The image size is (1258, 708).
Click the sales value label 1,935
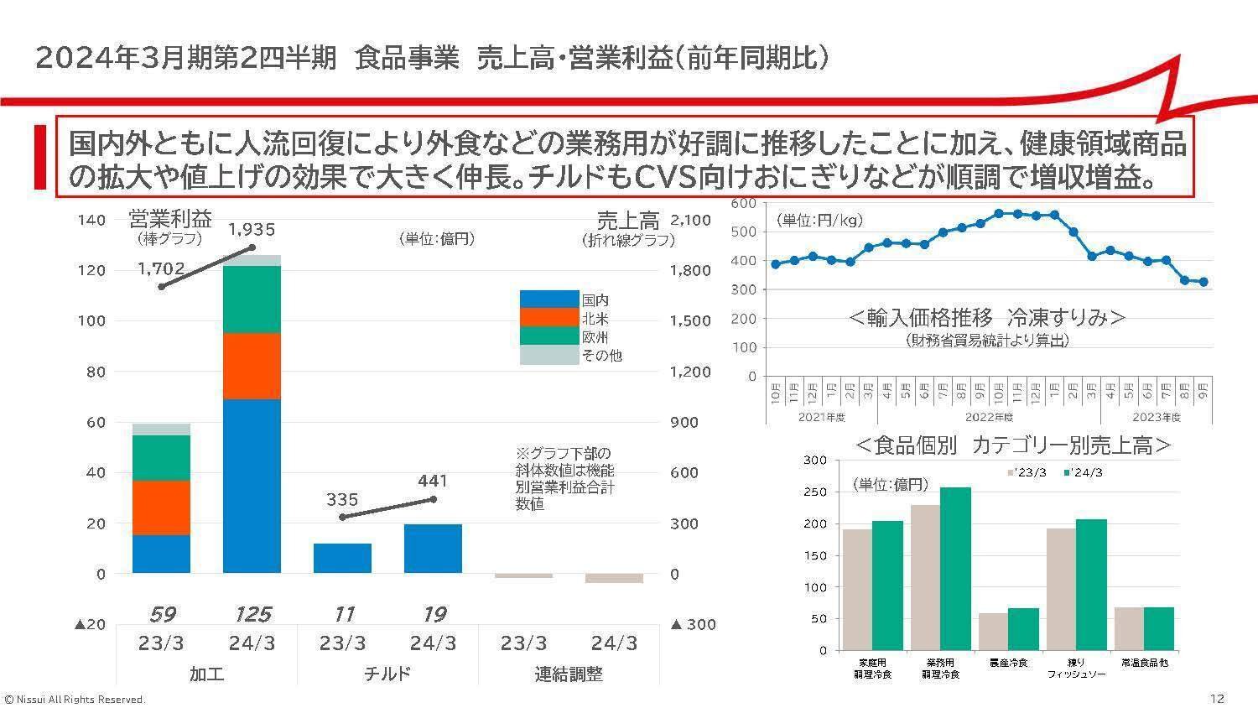(x=252, y=229)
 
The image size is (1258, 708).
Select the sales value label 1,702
(x=161, y=268)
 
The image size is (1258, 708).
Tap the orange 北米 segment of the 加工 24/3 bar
(x=252, y=366)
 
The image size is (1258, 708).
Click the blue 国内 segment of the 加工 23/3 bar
(x=161, y=554)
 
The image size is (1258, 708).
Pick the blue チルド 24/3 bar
(x=433, y=549)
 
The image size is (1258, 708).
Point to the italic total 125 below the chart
(x=252, y=614)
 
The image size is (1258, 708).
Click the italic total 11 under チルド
(x=342, y=614)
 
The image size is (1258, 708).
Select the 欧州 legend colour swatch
(x=549, y=336)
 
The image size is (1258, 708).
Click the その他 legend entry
(x=601, y=355)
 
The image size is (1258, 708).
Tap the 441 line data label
(x=433, y=481)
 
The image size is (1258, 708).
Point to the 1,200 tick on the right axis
(x=691, y=372)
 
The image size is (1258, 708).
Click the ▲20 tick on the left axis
(x=90, y=624)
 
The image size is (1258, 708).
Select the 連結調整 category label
(x=568, y=674)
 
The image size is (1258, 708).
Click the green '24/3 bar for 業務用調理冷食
(x=955, y=569)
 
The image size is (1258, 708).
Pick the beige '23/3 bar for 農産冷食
(x=994, y=632)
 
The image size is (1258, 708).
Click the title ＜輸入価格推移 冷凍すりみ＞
(x=986, y=318)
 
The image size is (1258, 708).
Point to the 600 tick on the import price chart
(x=744, y=203)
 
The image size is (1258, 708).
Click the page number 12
(x=1217, y=698)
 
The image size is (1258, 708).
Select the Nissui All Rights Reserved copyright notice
(x=75, y=699)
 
